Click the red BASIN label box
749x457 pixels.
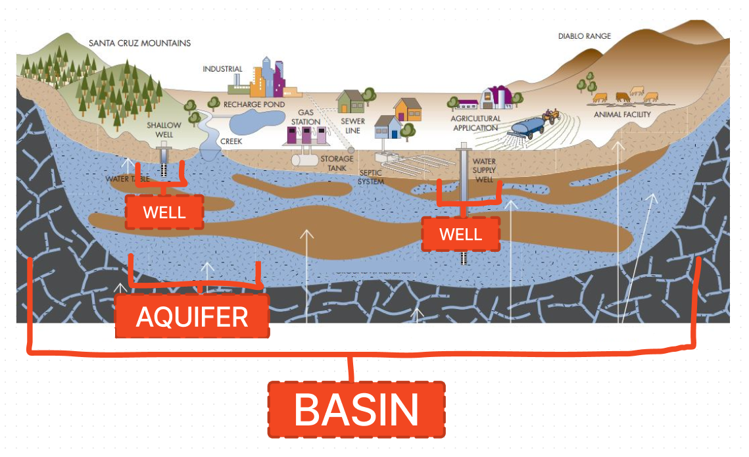click(x=356, y=409)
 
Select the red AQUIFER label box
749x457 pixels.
click(x=192, y=316)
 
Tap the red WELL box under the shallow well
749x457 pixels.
click(x=164, y=212)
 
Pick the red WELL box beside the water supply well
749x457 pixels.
click(x=460, y=233)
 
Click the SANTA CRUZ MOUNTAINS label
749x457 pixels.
click(x=139, y=43)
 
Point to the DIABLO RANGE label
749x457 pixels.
click(x=584, y=36)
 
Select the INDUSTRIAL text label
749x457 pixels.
click(x=222, y=69)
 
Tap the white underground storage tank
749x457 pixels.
click(x=305, y=158)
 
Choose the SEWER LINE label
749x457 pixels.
click(x=352, y=126)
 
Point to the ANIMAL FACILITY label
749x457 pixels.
click(x=622, y=114)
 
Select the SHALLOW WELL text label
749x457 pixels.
click(x=164, y=130)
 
